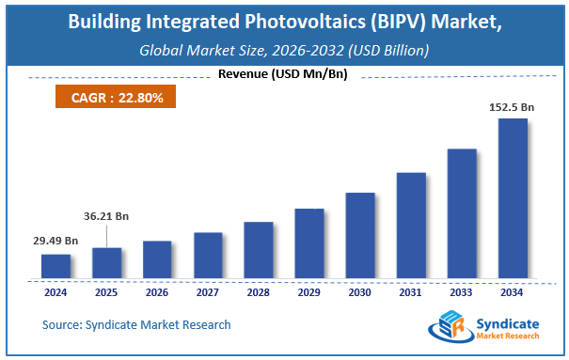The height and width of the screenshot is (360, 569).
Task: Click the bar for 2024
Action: point(55,267)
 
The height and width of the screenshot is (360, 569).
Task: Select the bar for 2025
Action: point(106,263)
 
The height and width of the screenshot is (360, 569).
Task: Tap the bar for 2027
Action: point(208,256)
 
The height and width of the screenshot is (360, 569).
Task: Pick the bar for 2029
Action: point(309,243)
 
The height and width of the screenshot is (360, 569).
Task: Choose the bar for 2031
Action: point(411,226)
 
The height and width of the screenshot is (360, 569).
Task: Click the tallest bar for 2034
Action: point(513,198)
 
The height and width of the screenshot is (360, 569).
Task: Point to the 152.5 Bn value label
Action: point(512,108)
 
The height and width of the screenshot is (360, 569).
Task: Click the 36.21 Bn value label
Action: point(106,216)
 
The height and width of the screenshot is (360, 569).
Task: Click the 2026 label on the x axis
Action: point(156,291)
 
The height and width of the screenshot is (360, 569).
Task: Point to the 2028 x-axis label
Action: point(258,291)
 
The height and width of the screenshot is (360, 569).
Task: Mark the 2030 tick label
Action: point(359,291)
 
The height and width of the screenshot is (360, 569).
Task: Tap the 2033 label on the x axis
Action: point(461,291)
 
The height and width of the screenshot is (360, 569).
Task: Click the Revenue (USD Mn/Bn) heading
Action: point(283,75)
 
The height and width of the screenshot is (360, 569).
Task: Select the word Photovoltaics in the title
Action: point(282,22)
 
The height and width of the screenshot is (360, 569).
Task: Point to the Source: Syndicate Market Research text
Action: point(136,325)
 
